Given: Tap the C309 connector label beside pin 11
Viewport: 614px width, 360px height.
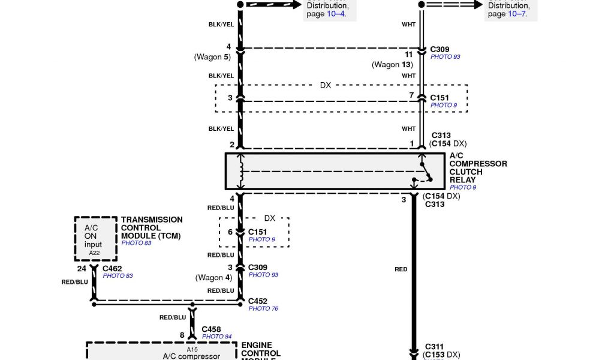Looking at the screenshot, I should (440, 49).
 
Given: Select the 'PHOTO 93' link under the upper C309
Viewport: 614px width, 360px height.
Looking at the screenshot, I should (445, 57).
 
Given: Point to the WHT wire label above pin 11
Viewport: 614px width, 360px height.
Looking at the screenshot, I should (408, 25).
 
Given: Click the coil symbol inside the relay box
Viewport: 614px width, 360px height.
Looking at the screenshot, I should (242, 172).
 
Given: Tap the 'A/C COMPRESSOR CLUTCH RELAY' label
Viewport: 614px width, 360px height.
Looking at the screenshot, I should (478, 167).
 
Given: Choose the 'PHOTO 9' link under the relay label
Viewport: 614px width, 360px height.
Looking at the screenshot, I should (463, 188).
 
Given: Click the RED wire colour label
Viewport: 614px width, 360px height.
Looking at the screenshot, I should (401, 269).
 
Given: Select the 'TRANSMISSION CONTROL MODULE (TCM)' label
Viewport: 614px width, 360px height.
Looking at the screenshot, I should (152, 228).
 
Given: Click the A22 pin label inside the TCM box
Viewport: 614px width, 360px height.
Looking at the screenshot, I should (95, 253).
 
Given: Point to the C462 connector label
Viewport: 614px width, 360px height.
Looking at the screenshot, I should (112, 268).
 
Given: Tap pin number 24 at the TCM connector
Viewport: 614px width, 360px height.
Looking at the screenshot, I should (82, 268).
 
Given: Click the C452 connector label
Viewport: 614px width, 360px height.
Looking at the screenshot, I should (258, 301).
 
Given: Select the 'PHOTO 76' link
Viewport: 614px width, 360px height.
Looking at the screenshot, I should (263, 309).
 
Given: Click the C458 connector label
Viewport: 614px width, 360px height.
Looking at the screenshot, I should (212, 329).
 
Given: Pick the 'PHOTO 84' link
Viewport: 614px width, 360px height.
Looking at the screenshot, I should (216, 337).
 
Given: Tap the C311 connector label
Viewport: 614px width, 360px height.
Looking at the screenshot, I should (434, 346).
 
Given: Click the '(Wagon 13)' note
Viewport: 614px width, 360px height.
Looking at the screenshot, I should (392, 65).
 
